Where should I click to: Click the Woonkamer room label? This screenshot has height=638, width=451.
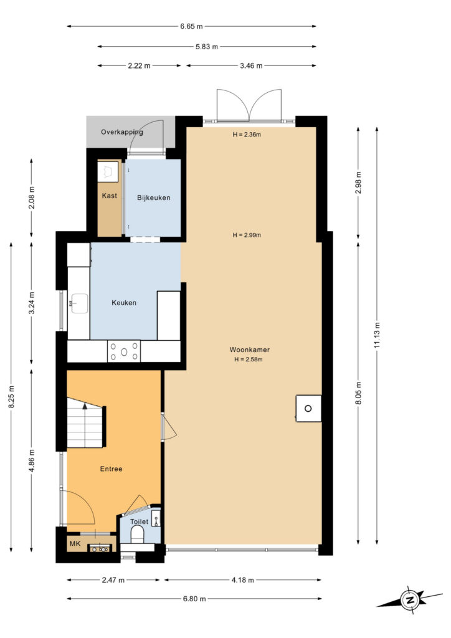coord(249,350)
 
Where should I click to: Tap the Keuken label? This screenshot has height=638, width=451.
coord(123,303)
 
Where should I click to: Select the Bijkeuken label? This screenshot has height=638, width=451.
coord(153,198)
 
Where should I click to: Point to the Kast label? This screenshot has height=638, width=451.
coord(110,196)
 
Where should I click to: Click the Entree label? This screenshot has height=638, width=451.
coord(111,469)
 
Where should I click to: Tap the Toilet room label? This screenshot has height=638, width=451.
coord(139,521)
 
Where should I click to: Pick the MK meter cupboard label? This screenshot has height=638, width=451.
coord(75,543)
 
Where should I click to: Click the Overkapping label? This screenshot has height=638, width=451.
coord(121,132)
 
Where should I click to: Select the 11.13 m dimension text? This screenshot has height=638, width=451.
coord(377,335)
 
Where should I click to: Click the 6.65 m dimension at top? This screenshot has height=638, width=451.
coord(191,26)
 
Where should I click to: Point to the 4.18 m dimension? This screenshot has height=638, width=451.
coord(243,580)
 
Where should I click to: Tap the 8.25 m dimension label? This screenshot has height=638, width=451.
coord(11,397)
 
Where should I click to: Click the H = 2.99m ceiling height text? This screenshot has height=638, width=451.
coord(247,235)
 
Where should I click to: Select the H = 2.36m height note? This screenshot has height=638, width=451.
coord(247,135)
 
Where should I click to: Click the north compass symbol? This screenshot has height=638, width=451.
coord(409,599)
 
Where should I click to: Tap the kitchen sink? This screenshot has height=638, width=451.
coord(80,303)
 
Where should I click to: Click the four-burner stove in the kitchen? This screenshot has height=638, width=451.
coord(124,351)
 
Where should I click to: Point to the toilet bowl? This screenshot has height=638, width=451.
coord(138,534)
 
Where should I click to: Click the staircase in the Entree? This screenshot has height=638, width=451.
coord(86,422)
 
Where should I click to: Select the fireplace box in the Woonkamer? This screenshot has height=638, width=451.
coord(309,408)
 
